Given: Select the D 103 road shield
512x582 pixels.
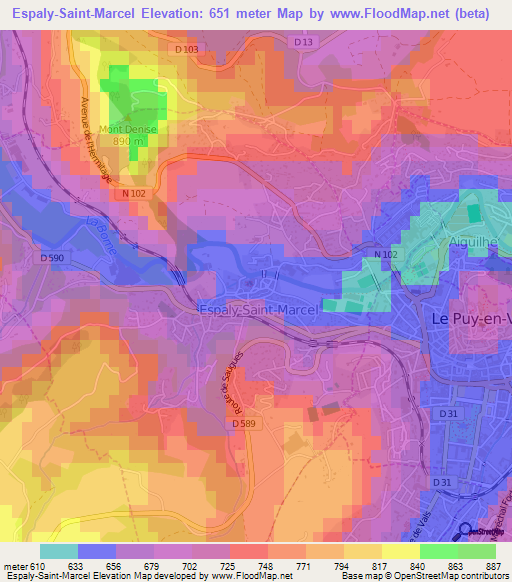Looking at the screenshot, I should tap(186, 48).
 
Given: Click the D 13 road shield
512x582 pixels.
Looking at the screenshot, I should tap(304, 42).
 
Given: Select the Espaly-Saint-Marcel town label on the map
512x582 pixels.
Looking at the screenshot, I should tap(258, 310).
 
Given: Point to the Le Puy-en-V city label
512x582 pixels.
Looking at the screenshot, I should tap(469, 318).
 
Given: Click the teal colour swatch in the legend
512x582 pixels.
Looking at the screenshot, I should tap(58, 550).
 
